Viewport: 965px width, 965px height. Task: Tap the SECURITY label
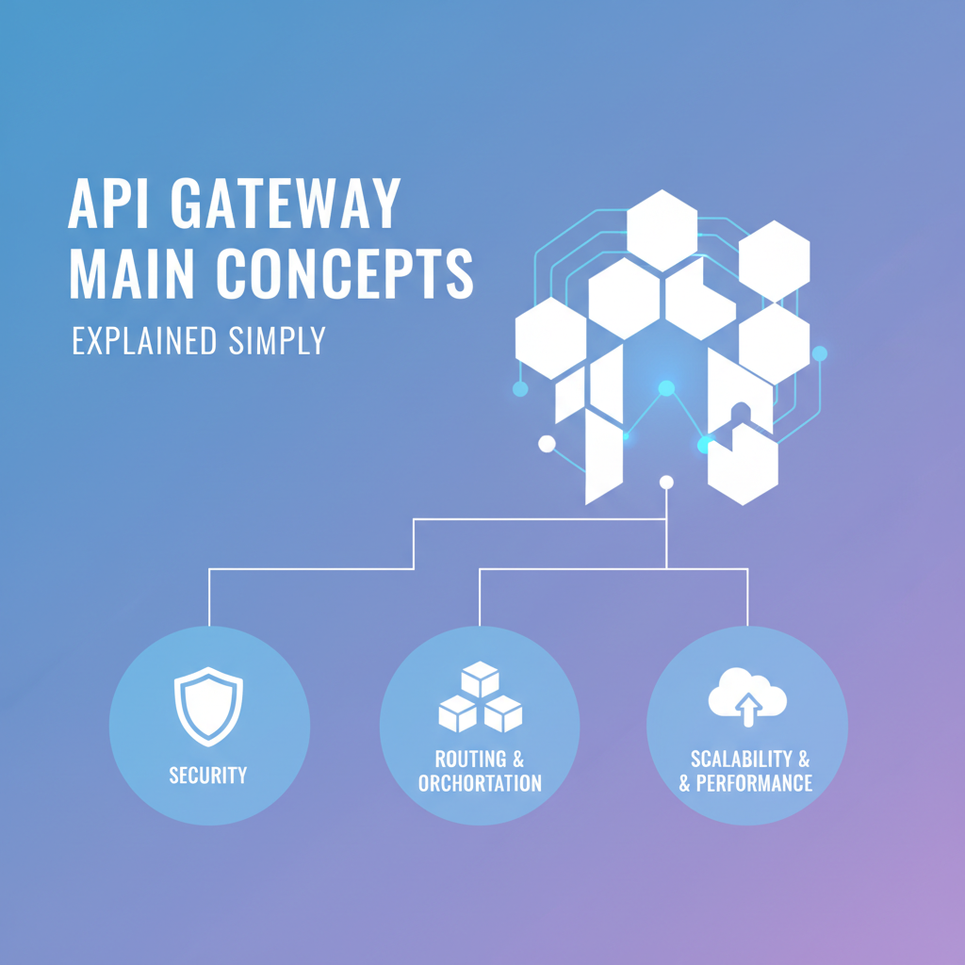(x=208, y=776)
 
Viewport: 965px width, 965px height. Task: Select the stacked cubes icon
(x=480, y=698)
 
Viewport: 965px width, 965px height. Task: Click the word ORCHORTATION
(x=480, y=783)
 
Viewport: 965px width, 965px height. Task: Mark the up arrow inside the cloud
(x=748, y=709)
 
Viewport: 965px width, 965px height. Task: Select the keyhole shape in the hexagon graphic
(x=742, y=414)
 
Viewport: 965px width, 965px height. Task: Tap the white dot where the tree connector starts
(x=667, y=482)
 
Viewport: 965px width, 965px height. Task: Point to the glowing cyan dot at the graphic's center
(x=666, y=387)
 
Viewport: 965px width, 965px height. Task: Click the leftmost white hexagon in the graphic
(x=551, y=337)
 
